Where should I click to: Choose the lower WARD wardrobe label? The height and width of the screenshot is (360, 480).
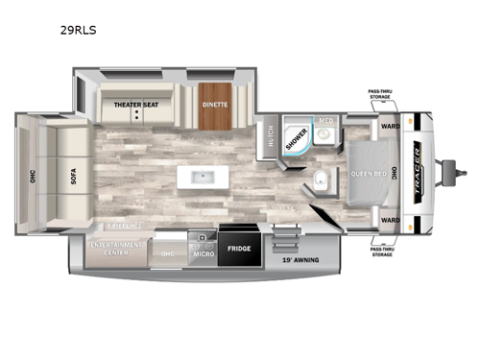coord(389,221)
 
